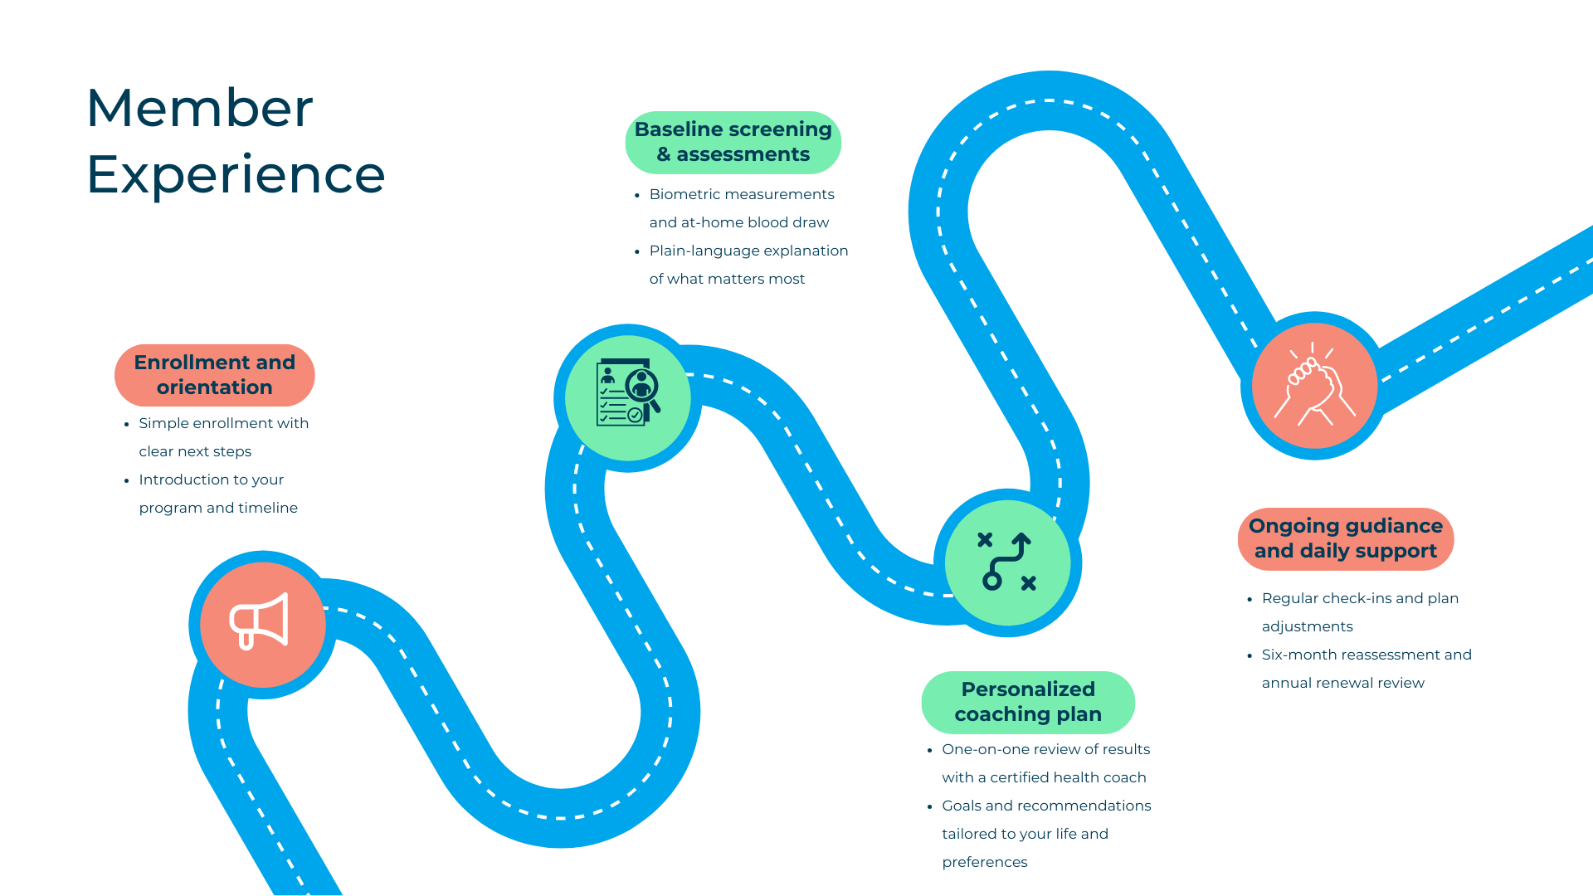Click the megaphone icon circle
pos(263,624)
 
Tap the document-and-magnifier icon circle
pos(627,398)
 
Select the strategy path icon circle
pos(1007,562)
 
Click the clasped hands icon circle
pos(1314,386)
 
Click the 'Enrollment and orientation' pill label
pos(215,375)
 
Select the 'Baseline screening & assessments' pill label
pos(733,142)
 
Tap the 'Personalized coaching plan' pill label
pos(1028,702)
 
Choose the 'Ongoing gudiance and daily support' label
pos(1345,538)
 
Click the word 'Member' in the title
pos(200,108)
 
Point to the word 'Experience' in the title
pos(236,174)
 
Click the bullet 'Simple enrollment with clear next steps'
pos(223,437)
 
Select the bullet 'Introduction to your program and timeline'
pos(217,494)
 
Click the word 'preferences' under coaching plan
pos(985,862)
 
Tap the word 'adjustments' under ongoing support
pos(1307,626)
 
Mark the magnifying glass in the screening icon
pos(644,388)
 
